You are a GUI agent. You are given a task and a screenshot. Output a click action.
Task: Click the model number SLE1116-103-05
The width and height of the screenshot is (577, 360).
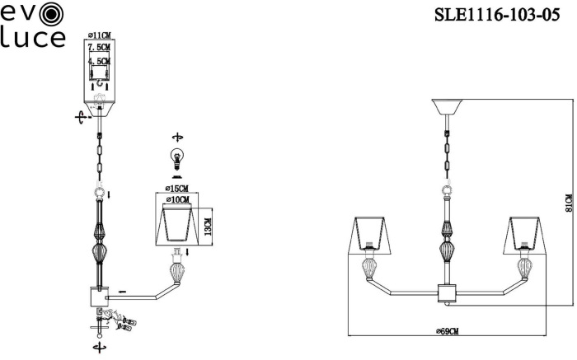pos(497,15)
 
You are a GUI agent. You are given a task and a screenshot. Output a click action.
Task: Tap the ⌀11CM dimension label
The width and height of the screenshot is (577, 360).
pos(100,35)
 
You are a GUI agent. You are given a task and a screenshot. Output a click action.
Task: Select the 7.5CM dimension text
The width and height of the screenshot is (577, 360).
pos(100,47)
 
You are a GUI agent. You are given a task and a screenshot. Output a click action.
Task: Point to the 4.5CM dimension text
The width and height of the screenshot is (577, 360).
pos(100,61)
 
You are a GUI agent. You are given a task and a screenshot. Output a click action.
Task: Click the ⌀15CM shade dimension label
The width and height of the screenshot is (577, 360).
pos(176,189)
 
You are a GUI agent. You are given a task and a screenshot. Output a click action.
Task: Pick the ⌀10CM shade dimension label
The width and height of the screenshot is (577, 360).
pos(178,199)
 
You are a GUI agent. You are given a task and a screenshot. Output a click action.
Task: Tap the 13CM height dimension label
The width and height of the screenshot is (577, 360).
pos(208,227)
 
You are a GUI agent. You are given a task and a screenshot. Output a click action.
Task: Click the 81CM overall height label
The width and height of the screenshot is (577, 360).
pos(569,203)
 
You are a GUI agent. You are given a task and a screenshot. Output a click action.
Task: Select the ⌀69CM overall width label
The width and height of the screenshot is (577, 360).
pos(447,331)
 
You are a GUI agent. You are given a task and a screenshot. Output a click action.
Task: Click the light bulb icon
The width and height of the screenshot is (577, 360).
pos(177,159)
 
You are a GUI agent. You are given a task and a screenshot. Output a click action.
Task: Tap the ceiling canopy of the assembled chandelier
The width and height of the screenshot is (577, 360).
pos(447,106)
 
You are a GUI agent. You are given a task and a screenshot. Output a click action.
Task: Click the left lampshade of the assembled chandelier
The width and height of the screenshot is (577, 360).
pos(369,235)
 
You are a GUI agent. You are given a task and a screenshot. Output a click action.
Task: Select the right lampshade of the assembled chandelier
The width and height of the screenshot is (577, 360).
pos(525,235)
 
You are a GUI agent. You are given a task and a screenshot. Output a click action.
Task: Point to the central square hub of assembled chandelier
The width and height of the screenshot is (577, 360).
pos(447,292)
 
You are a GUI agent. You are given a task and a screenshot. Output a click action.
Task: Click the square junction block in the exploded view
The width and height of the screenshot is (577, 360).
pos(100,297)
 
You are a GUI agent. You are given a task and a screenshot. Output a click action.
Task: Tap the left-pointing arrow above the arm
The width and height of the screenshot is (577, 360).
pos(122,292)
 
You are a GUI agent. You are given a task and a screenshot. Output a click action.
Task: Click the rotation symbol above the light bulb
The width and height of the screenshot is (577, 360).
pos(178,138)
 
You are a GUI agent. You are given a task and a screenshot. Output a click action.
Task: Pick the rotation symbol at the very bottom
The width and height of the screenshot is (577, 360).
pos(100,347)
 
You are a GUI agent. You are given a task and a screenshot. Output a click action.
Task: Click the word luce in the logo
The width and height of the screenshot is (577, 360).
pos(33,38)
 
